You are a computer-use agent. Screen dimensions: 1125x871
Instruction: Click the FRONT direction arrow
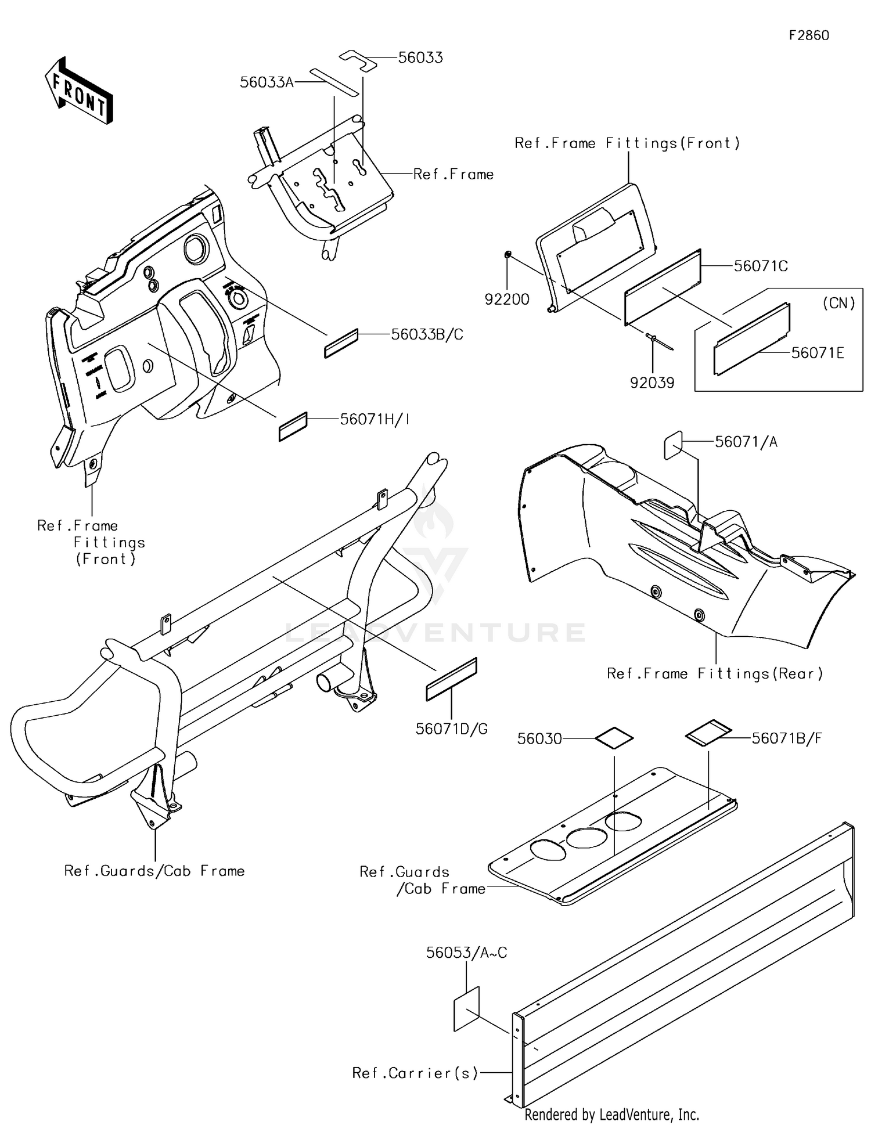click(x=78, y=91)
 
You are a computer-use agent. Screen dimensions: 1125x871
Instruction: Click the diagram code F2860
click(x=808, y=35)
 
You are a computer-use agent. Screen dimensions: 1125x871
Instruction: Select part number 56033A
click(x=267, y=82)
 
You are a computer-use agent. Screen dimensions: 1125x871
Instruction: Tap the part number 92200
click(x=507, y=300)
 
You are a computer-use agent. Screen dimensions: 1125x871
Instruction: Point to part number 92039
click(x=652, y=383)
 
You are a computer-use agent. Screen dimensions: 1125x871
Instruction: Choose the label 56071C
click(x=761, y=266)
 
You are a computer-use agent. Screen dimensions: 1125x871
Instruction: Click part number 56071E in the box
click(x=818, y=353)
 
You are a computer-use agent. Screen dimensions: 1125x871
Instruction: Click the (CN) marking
click(x=839, y=303)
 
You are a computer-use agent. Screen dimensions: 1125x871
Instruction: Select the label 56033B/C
click(x=427, y=334)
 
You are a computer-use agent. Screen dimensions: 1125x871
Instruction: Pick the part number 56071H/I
click(x=375, y=419)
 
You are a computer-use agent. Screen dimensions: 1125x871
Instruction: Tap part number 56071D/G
click(x=451, y=729)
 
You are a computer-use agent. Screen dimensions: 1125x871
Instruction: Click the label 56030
click(x=539, y=738)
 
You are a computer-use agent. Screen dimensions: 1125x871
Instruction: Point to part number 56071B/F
click(x=787, y=738)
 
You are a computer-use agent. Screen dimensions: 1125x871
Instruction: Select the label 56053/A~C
click(x=466, y=953)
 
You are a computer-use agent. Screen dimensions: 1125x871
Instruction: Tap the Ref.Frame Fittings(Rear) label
click(x=715, y=673)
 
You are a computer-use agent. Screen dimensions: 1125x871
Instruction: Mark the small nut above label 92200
click(x=508, y=254)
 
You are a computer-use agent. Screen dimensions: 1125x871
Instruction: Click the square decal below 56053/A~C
click(x=466, y=1009)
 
